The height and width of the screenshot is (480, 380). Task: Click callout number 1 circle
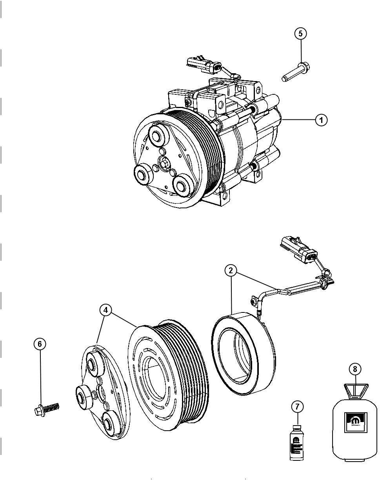click(x=321, y=120)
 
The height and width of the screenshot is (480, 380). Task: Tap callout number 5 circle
click(x=300, y=34)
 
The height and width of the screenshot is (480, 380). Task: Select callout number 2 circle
click(x=231, y=270)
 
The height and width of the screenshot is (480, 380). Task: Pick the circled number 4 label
click(x=105, y=310)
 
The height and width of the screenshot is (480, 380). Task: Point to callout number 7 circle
click(x=297, y=407)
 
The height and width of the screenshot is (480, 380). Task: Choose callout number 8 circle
click(x=355, y=369)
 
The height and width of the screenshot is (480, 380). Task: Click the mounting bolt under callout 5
click(x=294, y=73)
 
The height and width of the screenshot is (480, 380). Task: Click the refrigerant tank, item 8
click(x=355, y=431)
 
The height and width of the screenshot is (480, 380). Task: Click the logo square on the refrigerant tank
click(x=355, y=422)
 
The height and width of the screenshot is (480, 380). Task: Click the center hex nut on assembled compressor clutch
click(x=165, y=163)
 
